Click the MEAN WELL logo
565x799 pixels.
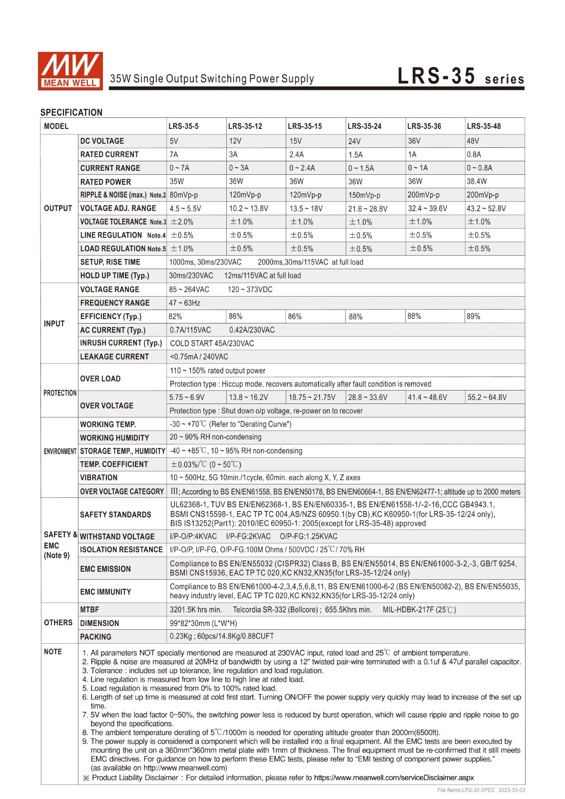70,71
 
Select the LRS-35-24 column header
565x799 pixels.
364,126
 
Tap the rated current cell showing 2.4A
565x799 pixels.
296,155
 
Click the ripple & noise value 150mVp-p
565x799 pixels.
364,195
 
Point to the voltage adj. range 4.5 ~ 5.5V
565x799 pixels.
185,209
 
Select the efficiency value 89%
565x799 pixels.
473,317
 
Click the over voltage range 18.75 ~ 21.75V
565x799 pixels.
312,398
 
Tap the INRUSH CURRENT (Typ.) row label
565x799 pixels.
121,343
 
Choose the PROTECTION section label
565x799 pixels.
59,393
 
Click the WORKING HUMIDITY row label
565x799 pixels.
114,438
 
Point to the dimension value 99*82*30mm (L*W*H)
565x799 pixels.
203,623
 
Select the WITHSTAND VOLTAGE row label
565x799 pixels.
117,537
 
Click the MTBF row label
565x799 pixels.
89,610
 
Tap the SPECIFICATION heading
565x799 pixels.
71,112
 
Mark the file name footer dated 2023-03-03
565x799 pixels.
481,790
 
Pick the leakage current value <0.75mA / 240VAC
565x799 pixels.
199,357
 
